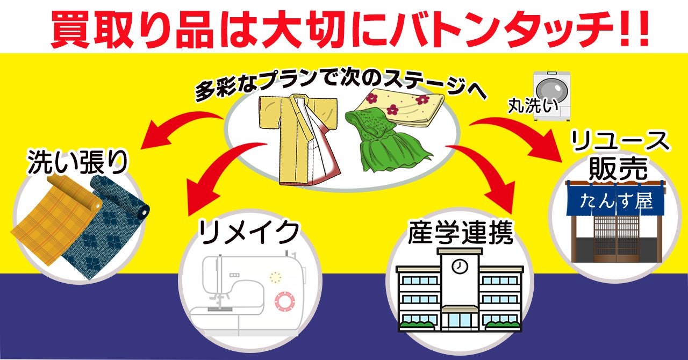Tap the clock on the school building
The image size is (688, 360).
[459, 266]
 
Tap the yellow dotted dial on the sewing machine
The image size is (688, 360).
[276, 277]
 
